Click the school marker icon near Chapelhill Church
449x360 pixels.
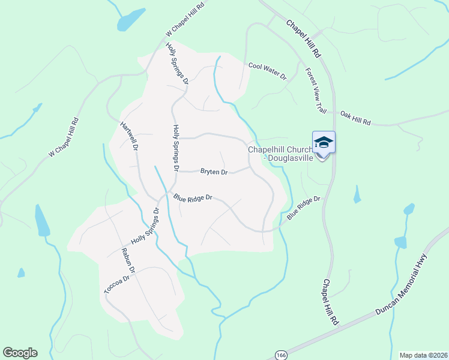pyautogui.click(x=324, y=143)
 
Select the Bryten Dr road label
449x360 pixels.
pyautogui.click(x=214, y=172)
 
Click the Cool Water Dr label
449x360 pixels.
pyautogui.click(x=268, y=70)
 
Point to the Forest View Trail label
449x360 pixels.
pyautogui.click(x=316, y=90)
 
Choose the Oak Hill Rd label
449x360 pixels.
pyautogui.click(x=355, y=118)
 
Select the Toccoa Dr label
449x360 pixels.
pyautogui.click(x=116, y=284)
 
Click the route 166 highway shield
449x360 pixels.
pyautogui.click(x=281, y=355)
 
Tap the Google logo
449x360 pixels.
pyautogui.click(x=20, y=353)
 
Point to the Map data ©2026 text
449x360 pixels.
pyautogui.click(x=423, y=355)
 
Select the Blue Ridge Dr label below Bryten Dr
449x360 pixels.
pyautogui.click(x=193, y=197)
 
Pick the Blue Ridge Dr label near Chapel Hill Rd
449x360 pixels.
pyautogui.click(x=304, y=208)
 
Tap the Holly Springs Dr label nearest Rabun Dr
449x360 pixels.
pyautogui.click(x=145, y=226)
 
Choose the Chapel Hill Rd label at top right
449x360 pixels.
pyautogui.click(x=304, y=39)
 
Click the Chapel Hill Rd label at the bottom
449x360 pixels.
pyautogui.click(x=330, y=302)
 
